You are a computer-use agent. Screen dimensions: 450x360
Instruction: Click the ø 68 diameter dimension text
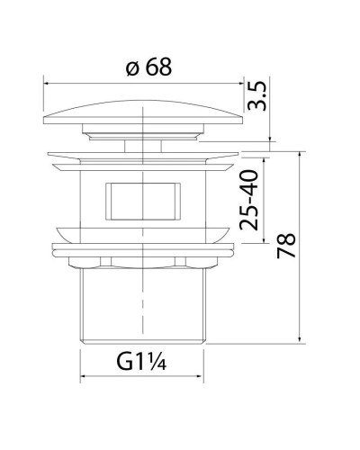click(144, 66)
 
